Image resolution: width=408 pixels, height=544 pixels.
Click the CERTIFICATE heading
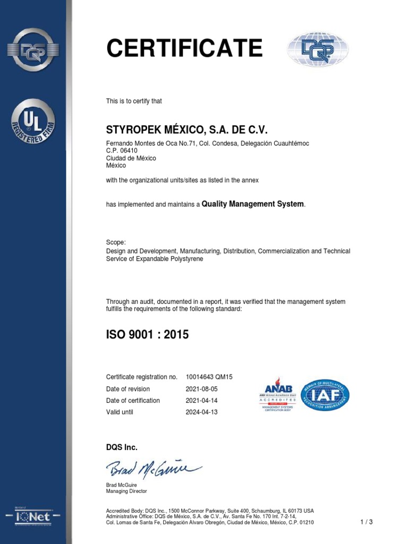(x=184, y=49)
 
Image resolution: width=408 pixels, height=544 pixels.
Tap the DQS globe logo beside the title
(x=318, y=49)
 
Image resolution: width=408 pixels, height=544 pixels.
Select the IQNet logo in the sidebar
(x=33, y=516)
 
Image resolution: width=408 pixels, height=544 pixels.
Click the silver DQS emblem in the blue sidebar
(x=33, y=50)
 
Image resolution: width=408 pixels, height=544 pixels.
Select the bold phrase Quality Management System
(x=253, y=204)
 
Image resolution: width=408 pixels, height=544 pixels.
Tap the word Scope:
(x=116, y=242)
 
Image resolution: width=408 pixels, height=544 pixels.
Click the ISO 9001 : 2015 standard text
(x=147, y=335)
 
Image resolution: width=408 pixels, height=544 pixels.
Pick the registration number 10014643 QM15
(x=209, y=377)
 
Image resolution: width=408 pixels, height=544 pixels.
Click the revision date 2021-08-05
(x=201, y=389)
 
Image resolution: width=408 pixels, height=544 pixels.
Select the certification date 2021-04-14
(x=201, y=401)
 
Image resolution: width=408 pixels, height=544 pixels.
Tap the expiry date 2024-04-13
(x=201, y=412)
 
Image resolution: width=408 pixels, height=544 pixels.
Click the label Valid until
(x=120, y=412)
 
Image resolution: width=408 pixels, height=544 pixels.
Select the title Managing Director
(x=126, y=491)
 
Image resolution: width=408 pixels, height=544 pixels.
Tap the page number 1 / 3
(x=366, y=522)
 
